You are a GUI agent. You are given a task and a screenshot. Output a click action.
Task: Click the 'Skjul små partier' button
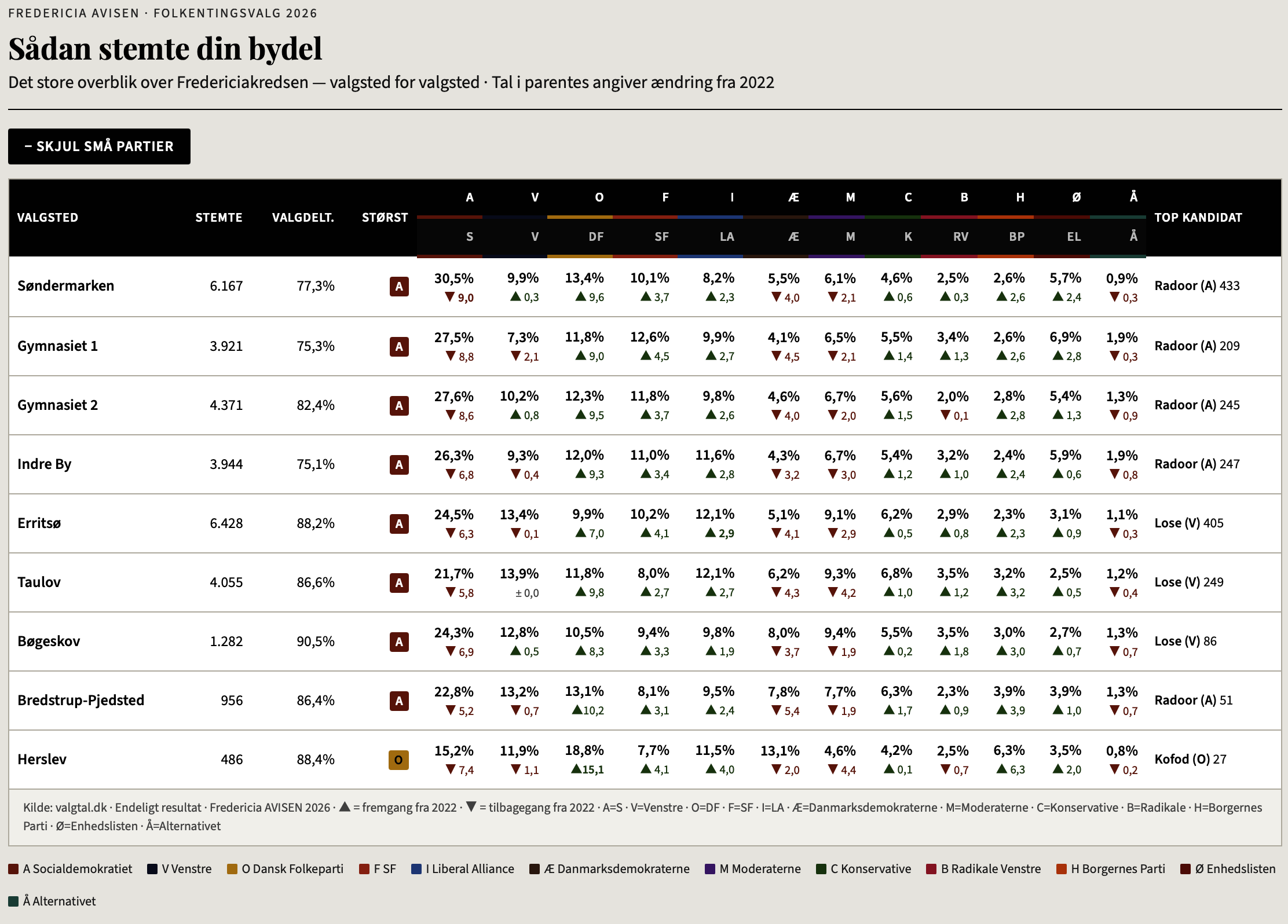click(99, 146)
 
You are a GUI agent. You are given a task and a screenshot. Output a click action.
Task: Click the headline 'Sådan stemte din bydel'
click(165, 49)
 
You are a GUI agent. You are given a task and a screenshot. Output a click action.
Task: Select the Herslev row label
click(42, 759)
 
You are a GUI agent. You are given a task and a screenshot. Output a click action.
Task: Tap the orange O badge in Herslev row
click(398, 760)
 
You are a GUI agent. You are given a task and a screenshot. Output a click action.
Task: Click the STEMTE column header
click(218, 218)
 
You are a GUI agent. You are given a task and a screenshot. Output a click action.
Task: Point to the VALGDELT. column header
click(303, 218)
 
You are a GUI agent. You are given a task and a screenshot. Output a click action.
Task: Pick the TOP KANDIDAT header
click(1198, 218)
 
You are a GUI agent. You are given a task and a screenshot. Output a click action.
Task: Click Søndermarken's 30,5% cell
click(454, 278)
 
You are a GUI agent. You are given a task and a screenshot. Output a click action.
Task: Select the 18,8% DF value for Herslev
click(584, 751)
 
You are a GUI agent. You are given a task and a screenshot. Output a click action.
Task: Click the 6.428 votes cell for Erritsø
click(226, 523)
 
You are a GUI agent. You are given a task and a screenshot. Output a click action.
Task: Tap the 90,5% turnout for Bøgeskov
click(316, 641)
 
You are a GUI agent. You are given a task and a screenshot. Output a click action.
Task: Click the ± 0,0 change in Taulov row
click(527, 593)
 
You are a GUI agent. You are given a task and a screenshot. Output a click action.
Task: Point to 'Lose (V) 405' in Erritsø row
click(1188, 523)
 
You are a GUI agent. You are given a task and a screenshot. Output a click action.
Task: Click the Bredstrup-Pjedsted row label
click(80, 701)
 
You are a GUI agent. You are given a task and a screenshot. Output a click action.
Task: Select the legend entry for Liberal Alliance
click(463, 869)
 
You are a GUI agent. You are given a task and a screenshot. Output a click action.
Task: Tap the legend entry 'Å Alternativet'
click(53, 901)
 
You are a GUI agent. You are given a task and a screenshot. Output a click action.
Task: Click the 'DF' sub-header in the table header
click(596, 237)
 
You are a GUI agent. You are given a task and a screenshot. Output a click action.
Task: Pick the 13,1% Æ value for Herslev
click(780, 751)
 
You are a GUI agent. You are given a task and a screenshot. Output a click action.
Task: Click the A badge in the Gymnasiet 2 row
click(399, 406)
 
